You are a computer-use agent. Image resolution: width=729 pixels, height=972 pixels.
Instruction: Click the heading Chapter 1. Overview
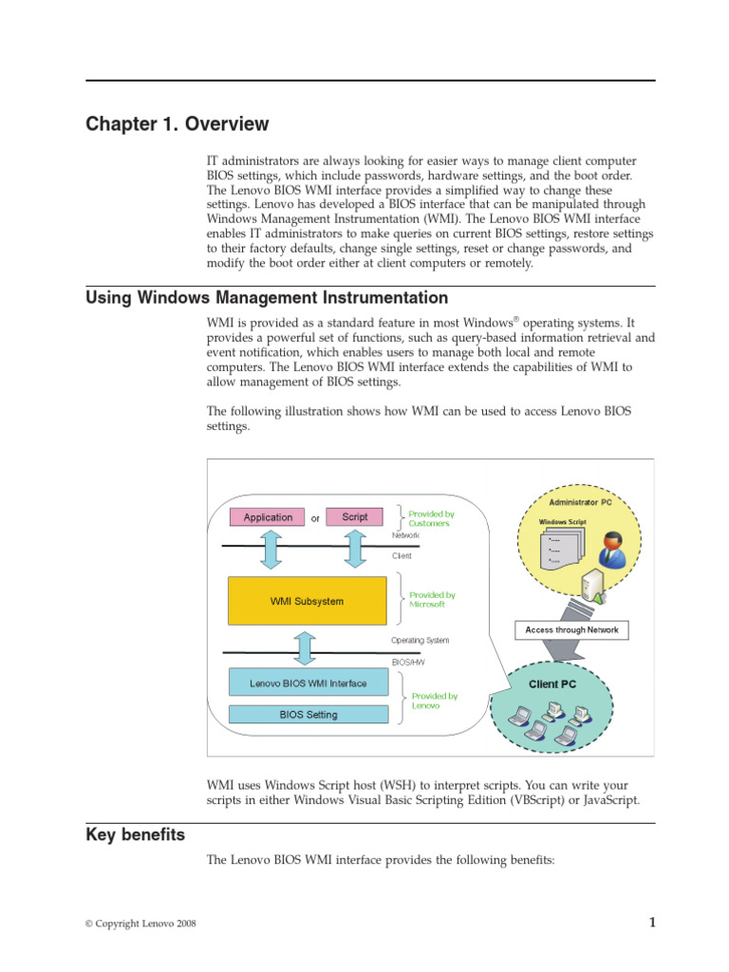pos(178,124)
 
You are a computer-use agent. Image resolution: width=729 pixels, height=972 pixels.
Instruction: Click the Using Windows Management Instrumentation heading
pos(267,298)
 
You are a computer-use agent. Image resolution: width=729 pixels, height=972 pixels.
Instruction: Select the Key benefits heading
pos(135,835)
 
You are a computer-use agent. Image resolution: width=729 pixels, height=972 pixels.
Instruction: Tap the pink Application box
pos(268,517)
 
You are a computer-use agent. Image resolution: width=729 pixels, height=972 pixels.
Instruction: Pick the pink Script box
pos(354,516)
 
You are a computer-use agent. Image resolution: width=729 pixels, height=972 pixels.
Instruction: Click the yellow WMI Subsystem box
pos(307,601)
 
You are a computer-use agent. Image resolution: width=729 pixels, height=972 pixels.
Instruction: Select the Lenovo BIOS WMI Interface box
pos(308,682)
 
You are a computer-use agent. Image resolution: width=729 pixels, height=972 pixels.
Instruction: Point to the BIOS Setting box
pos(308,715)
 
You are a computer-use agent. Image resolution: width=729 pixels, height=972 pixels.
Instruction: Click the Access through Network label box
pos(571,629)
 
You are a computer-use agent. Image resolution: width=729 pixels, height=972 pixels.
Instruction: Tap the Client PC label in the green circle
pos(551,683)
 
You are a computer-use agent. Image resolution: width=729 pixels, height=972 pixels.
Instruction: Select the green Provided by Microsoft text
pos(432,600)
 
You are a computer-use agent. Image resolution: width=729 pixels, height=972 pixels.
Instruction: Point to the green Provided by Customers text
pos(430,518)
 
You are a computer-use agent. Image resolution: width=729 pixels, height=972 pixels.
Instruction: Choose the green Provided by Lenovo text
pos(434,701)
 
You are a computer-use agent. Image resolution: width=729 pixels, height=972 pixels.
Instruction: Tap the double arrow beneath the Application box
pos(270,550)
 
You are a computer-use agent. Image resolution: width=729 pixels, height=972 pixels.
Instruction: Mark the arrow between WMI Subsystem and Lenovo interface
pos(305,647)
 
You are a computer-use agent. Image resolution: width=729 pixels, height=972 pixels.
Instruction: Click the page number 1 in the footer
pos(652,922)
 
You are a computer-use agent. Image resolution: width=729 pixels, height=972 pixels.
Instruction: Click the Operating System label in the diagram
pos(420,641)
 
